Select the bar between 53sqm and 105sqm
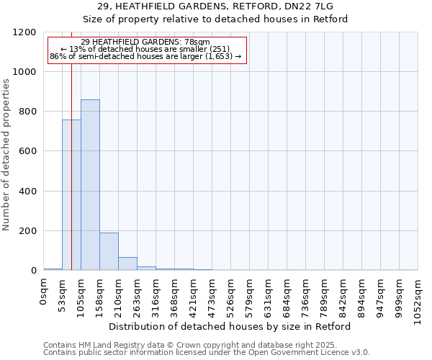[x=71, y=195]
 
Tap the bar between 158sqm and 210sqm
[x=109, y=251]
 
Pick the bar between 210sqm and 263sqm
[x=127, y=264]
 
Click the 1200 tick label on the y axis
[x=24, y=32]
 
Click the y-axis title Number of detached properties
[x=6, y=156]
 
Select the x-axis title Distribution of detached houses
[x=230, y=326]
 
